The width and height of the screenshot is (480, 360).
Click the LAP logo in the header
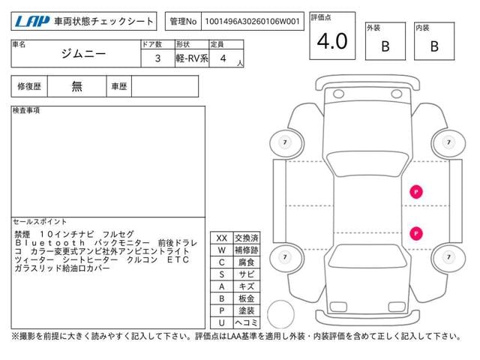point(31,22)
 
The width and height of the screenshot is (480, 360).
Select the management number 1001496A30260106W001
point(252,22)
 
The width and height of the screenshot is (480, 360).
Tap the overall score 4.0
point(332,41)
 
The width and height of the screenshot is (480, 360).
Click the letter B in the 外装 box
point(385,46)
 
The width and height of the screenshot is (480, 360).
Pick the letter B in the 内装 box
point(434,46)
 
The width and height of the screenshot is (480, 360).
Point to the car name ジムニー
point(83,54)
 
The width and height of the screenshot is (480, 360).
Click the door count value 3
point(157,58)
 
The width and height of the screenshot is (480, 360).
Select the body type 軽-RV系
point(192,58)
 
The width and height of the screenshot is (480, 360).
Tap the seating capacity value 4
point(223,58)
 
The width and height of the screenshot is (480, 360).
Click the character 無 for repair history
point(76,87)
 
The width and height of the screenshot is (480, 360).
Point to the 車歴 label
point(118,87)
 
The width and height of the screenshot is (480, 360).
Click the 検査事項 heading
point(26,110)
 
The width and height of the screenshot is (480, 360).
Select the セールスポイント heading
point(40,222)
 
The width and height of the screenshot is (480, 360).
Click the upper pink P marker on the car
point(416,192)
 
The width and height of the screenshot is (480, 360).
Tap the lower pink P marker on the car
point(416,233)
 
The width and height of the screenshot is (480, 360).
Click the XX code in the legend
point(222,238)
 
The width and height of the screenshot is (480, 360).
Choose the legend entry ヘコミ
point(247,322)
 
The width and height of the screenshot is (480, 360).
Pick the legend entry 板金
point(247,298)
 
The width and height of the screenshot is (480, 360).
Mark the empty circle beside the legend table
point(280,314)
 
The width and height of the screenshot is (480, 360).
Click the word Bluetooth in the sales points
point(50,243)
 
